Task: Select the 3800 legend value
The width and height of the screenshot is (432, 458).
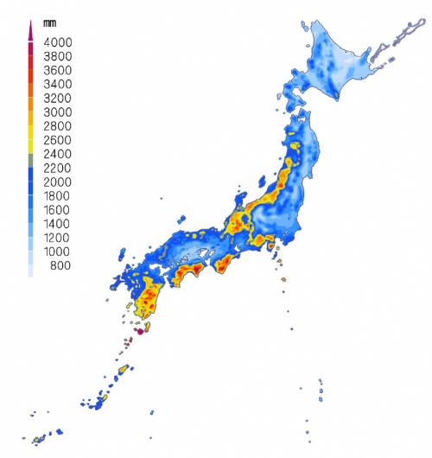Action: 58,56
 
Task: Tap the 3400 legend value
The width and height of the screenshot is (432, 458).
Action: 58,85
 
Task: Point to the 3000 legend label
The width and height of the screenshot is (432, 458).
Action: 58,112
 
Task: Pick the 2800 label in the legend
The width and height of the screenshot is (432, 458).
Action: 58,126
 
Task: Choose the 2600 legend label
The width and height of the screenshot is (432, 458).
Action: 58,140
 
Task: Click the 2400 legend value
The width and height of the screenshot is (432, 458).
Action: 58,155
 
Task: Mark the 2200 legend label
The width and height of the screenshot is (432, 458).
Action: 58,169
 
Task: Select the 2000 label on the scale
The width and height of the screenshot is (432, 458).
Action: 58,182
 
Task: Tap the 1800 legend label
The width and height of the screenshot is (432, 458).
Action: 58,196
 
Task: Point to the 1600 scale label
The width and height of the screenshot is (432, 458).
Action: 58,210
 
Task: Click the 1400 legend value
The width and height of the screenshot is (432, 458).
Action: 58,224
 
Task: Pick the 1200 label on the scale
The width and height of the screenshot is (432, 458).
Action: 58,238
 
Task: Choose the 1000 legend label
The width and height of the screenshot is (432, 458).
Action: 58,251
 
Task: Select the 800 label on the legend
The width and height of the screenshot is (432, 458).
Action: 60,265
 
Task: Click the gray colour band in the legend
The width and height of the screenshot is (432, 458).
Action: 31,162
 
